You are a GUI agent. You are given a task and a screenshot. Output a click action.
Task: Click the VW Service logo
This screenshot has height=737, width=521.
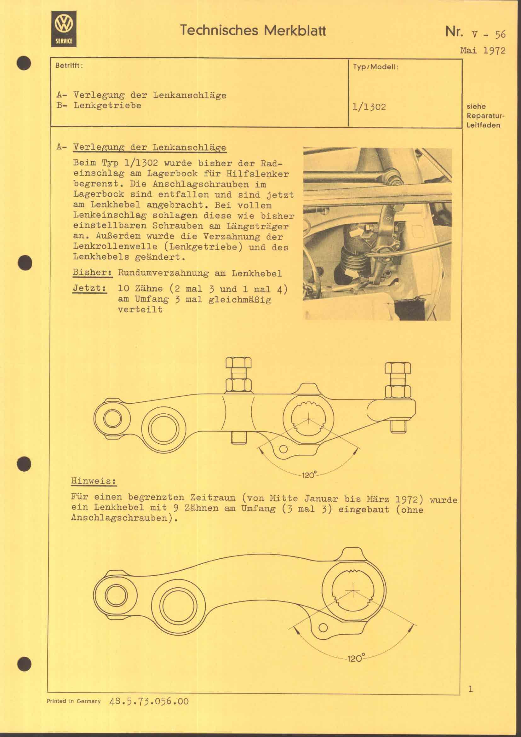coord(64,29)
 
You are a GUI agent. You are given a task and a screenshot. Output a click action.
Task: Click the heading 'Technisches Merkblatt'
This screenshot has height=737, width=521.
coord(253,31)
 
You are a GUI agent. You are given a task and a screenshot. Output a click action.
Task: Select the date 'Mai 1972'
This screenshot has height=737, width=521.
coord(483,50)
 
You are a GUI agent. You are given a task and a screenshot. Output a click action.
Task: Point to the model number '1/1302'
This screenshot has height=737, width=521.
coord(369,107)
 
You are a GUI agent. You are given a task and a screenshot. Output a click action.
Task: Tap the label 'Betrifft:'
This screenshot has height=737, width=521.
coord(69,66)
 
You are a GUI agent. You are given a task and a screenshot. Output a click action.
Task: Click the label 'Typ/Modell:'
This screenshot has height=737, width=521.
coord(376,67)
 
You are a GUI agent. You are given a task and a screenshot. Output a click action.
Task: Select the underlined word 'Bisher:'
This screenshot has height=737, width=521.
coord(92,273)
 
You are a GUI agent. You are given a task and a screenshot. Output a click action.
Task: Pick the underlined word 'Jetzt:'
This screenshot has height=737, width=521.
coord(89,288)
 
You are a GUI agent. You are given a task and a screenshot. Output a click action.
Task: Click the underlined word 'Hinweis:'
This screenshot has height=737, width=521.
coord(93,481)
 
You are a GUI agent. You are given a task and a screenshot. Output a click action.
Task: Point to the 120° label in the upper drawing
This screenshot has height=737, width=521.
coord(309,475)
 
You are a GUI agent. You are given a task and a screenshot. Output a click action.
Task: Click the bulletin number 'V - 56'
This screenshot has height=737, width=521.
coord(489,34)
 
